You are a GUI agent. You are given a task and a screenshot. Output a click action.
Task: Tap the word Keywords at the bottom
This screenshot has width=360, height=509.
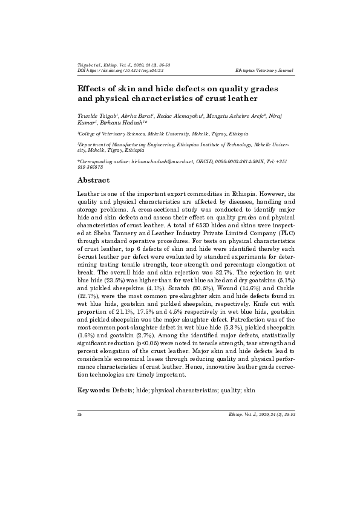point(94,391)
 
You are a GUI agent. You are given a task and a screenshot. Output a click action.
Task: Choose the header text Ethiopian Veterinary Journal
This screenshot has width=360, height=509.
point(265,71)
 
